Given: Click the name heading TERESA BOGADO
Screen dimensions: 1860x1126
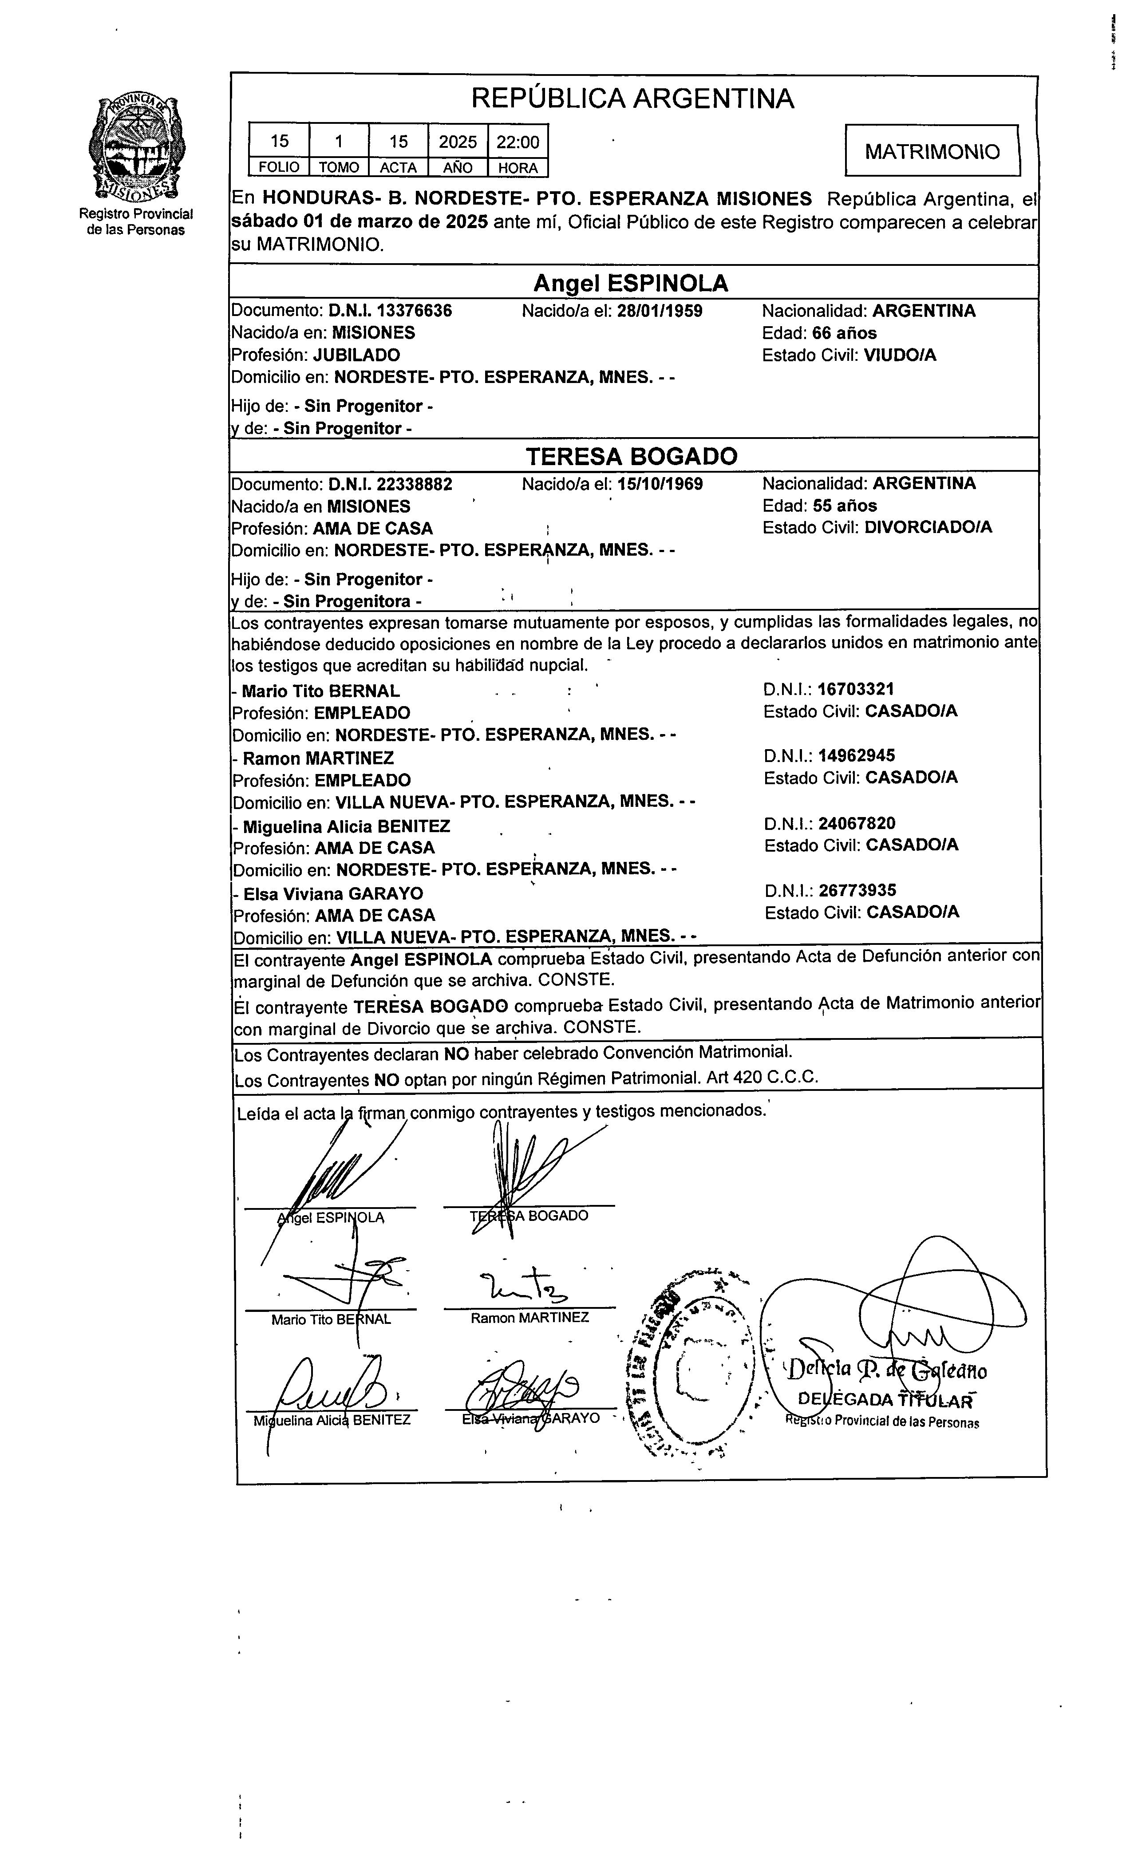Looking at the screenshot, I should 631,456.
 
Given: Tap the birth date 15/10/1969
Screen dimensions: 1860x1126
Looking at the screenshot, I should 660,484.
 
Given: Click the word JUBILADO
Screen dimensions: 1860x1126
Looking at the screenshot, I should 356,355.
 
